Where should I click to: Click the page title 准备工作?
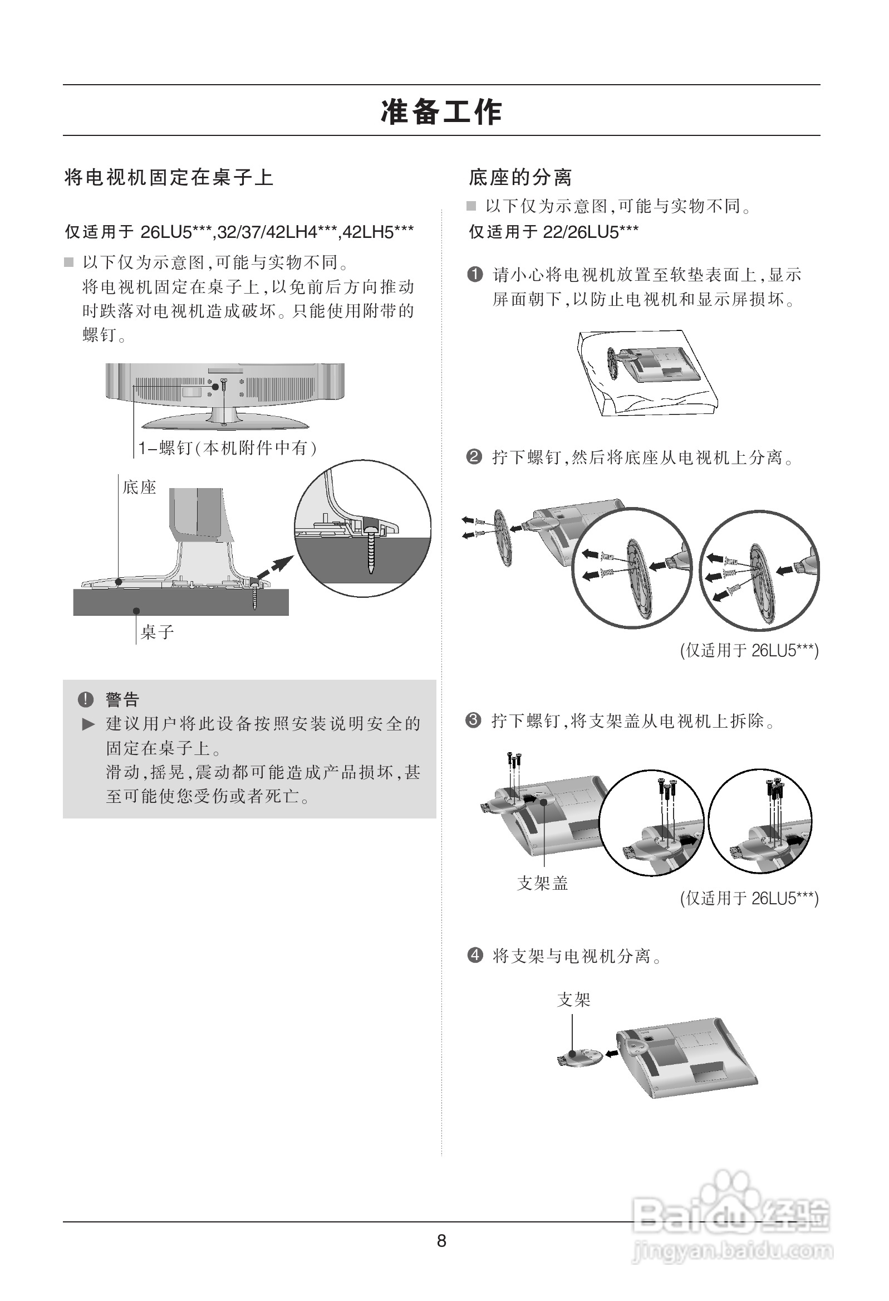(441, 111)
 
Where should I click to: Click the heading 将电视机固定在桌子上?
(169, 178)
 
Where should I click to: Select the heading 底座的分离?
(520, 178)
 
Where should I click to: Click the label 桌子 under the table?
(157, 632)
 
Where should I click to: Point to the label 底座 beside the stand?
(139, 487)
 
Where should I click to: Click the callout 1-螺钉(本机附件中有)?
(228, 448)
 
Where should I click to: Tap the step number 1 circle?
(474, 274)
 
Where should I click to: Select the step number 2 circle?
(474, 457)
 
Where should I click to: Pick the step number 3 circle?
(473, 720)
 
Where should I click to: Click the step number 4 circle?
(474, 954)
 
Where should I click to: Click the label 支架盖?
(542, 883)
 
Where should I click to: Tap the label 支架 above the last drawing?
(573, 999)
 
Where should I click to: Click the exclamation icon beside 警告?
(86, 699)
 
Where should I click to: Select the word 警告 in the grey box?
(122, 699)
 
